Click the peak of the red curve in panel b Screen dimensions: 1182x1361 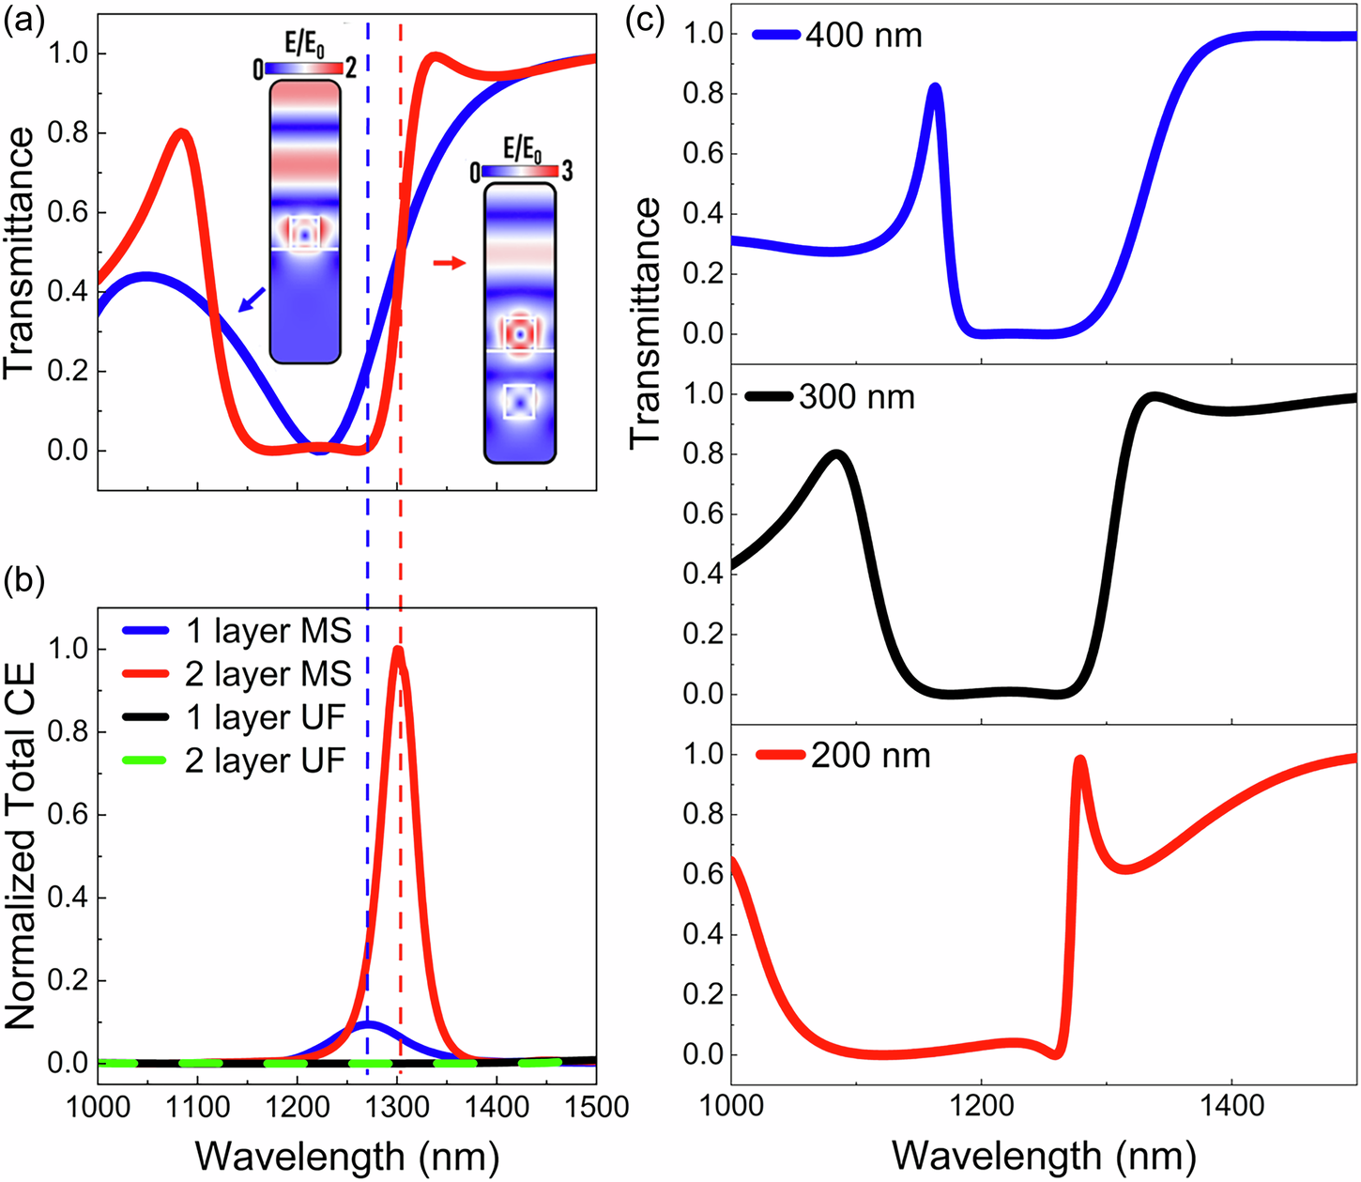(x=398, y=650)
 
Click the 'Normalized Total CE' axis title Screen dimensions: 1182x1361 (x=21, y=845)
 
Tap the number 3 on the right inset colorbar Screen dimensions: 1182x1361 (x=567, y=171)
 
